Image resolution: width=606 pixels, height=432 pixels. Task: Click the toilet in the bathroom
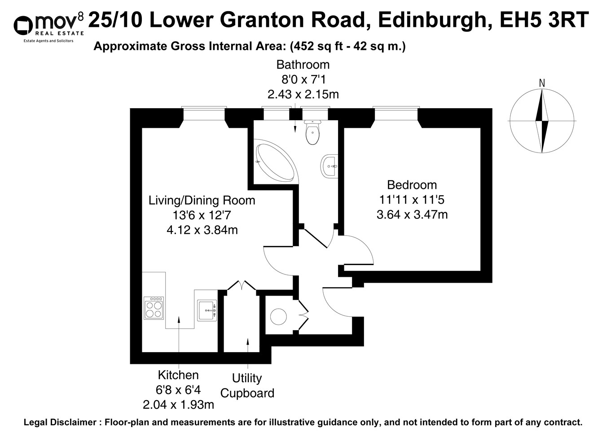click(312, 133)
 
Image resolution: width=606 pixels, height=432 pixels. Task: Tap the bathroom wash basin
click(329, 166)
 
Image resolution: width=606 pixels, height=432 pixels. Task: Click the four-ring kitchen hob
click(154, 308)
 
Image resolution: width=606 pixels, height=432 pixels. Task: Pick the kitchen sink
click(207, 310)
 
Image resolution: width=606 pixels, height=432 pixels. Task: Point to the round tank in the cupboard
click(279, 317)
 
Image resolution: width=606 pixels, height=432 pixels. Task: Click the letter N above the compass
click(542, 83)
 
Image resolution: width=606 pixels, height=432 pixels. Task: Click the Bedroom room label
click(412, 185)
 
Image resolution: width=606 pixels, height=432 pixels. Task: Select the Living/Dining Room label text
click(202, 201)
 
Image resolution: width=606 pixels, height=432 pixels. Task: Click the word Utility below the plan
click(247, 378)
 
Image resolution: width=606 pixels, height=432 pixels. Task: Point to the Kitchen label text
click(178, 375)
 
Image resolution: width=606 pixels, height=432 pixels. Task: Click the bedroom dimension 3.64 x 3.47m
click(412, 214)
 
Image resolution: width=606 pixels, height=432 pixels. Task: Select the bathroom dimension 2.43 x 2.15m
click(303, 95)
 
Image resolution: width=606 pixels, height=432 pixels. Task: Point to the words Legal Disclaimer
click(59, 422)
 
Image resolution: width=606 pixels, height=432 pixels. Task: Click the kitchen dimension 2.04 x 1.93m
click(178, 405)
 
